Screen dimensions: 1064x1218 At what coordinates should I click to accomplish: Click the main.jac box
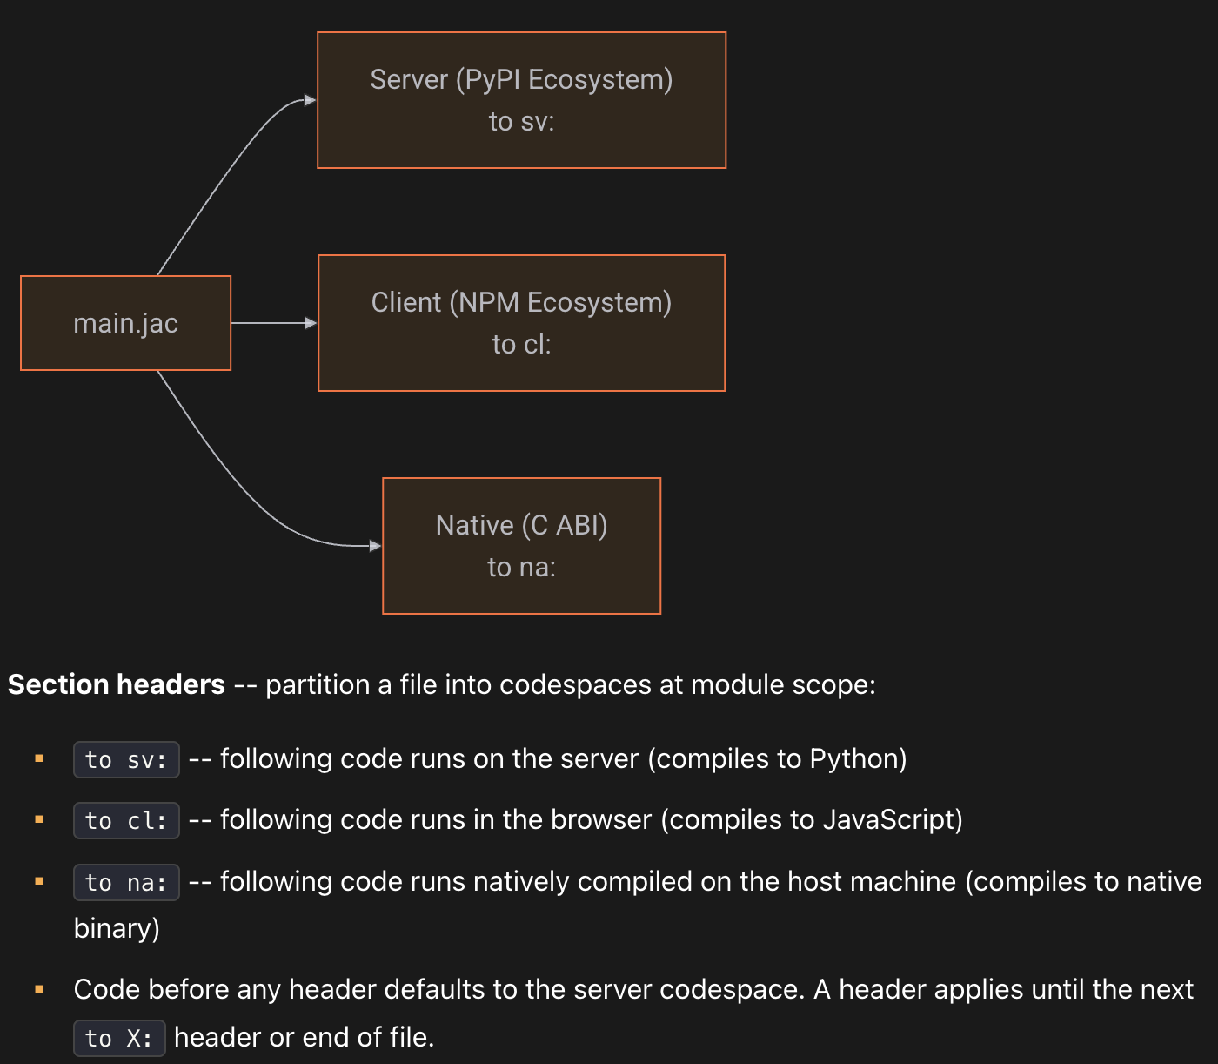(x=126, y=323)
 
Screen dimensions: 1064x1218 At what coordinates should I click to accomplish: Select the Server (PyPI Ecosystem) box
(x=521, y=100)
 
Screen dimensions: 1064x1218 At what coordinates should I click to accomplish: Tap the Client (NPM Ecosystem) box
(x=521, y=323)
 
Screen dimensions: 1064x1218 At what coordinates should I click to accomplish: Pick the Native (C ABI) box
(x=521, y=546)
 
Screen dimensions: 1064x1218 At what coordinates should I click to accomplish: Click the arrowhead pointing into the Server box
(x=310, y=100)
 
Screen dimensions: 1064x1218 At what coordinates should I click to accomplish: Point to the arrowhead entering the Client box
(x=311, y=323)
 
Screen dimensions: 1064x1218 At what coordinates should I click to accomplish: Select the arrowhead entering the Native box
(x=375, y=546)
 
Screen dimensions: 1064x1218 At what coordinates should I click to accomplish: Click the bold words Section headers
(x=116, y=684)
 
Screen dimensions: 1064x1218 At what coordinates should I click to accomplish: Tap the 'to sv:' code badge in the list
(x=126, y=759)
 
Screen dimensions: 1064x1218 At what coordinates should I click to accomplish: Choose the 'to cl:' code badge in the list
(x=126, y=820)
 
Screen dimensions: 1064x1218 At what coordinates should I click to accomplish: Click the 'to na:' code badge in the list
(x=126, y=882)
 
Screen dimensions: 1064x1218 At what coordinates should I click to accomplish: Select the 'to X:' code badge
(x=119, y=1038)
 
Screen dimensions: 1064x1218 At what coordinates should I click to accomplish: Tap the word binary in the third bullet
(x=112, y=928)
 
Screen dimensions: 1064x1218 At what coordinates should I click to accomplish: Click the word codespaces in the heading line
(x=575, y=684)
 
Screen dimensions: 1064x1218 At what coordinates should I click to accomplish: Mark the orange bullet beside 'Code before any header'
(x=39, y=989)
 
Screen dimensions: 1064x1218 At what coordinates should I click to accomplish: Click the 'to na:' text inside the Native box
(x=521, y=567)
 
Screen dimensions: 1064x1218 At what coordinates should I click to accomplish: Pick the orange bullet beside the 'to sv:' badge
(x=39, y=758)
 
